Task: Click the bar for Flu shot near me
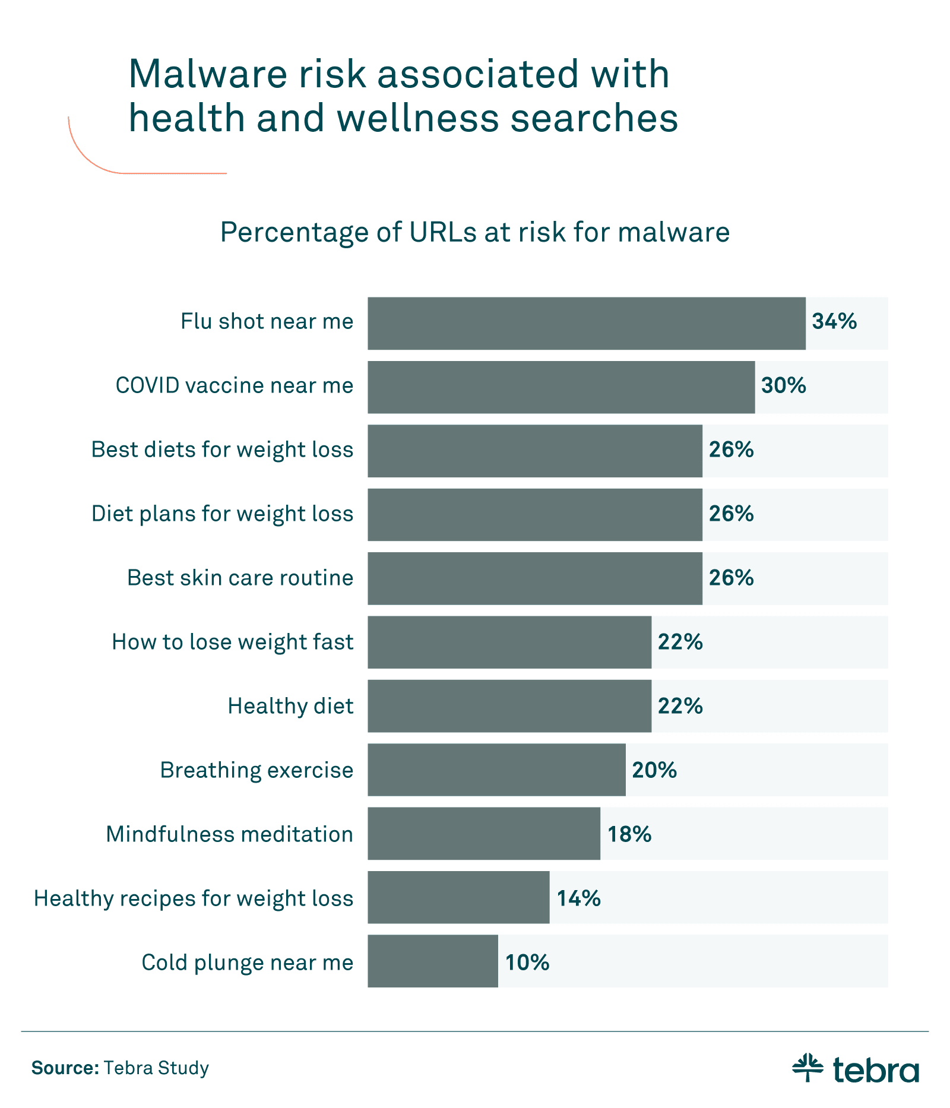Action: coord(586,324)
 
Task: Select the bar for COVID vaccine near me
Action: coord(561,387)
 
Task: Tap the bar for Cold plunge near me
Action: coord(432,961)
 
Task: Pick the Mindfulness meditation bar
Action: coord(483,834)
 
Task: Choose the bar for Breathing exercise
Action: coord(496,770)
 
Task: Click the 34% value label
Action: coord(834,322)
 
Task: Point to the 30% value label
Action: coord(784,386)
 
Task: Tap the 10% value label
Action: coord(527,963)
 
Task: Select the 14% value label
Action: coord(578,898)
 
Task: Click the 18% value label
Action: coord(629,834)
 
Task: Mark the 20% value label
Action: coord(654,770)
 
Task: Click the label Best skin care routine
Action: coord(240,578)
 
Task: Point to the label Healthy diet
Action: coord(290,706)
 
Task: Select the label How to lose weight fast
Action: coord(232,642)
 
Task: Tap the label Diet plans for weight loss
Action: coord(222,514)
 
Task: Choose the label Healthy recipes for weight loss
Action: coord(194,898)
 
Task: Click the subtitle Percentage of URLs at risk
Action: coord(474,232)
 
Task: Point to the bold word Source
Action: coord(65,1068)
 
